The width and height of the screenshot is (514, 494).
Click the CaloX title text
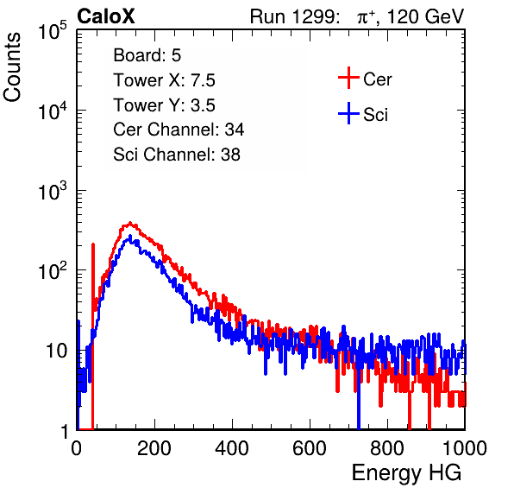105,16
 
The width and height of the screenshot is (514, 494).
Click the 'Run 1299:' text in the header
294,16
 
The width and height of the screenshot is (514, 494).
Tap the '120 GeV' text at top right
425,17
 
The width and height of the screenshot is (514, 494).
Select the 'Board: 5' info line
147,55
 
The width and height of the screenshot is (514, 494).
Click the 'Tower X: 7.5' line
164,80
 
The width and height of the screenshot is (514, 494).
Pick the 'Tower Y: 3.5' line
164,105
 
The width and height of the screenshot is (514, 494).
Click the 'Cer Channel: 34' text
179,130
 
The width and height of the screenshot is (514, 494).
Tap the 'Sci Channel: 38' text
177,155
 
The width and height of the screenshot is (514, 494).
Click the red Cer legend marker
348,78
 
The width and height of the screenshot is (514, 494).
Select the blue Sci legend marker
348,114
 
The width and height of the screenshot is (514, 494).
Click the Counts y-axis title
12,67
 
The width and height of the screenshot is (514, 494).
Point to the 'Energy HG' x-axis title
406,473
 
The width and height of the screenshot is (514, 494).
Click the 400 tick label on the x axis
232,448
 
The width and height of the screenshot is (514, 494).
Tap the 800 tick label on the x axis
387,448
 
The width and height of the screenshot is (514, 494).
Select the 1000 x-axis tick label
465,448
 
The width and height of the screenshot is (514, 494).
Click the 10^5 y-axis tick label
53,31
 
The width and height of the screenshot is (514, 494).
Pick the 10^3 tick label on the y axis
53,192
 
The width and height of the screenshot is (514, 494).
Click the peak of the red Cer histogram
130,223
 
